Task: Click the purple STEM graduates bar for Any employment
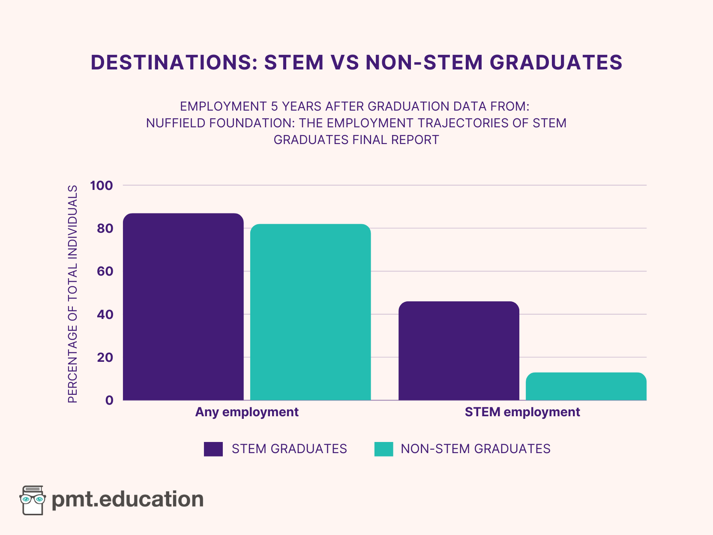183,307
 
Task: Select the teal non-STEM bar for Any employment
310,312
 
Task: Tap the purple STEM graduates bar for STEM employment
458,351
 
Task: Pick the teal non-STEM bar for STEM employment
586,386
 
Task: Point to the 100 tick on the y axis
102,186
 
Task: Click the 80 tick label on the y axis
105,228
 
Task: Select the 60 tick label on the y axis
105,271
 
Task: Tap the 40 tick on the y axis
105,314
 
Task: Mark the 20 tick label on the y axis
105,357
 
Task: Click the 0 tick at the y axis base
109,400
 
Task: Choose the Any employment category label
247,412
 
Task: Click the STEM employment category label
522,412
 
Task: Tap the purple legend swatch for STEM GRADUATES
213,449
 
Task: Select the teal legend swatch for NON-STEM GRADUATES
383,449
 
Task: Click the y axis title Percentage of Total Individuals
73,294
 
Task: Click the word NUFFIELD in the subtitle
172,123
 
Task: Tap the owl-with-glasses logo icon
33,500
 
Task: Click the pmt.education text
128,499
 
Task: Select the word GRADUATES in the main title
556,63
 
